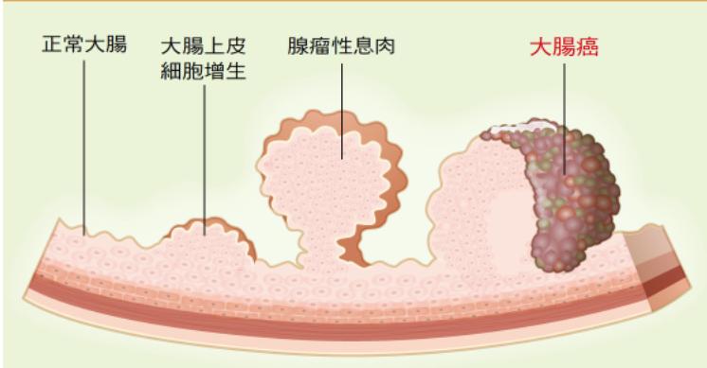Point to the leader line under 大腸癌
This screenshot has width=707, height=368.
pos(563,114)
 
